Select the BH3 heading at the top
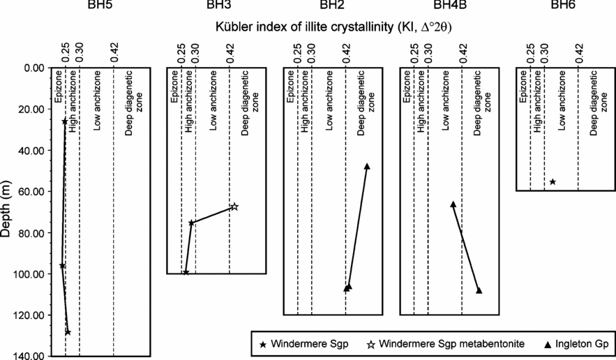click(x=213, y=6)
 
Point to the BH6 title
click(x=564, y=6)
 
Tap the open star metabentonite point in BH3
click(x=234, y=207)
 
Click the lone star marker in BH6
click(x=553, y=181)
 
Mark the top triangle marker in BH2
click(x=367, y=166)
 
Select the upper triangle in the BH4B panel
click(x=453, y=204)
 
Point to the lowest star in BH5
click(x=68, y=332)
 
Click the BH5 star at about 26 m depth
click(x=65, y=121)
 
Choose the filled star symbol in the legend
click(x=262, y=344)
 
